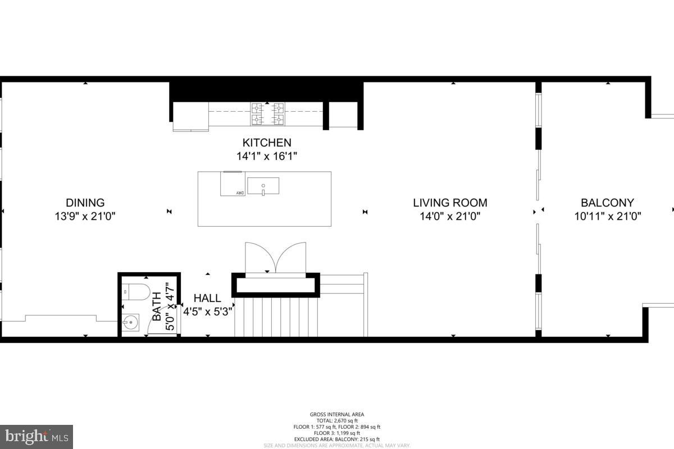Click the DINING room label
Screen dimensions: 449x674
(85, 203)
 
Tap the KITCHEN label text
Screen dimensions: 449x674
(267, 143)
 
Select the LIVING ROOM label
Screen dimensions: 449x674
(450, 203)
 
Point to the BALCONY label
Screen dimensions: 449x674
(607, 203)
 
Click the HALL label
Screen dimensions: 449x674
(207, 298)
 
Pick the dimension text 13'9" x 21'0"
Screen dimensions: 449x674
(85, 216)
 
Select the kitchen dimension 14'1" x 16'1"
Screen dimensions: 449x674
(267, 156)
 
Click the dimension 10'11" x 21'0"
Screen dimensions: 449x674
(607, 216)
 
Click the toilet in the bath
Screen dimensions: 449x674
(135, 292)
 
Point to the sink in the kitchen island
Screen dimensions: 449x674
(263, 185)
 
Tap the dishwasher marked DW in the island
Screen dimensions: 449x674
(232, 184)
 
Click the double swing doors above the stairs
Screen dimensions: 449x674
(275, 257)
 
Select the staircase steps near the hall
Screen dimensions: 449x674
(276, 317)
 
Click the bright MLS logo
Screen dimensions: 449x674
(37, 436)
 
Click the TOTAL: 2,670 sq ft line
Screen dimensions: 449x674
(337, 420)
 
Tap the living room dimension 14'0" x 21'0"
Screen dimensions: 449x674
(450, 216)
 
